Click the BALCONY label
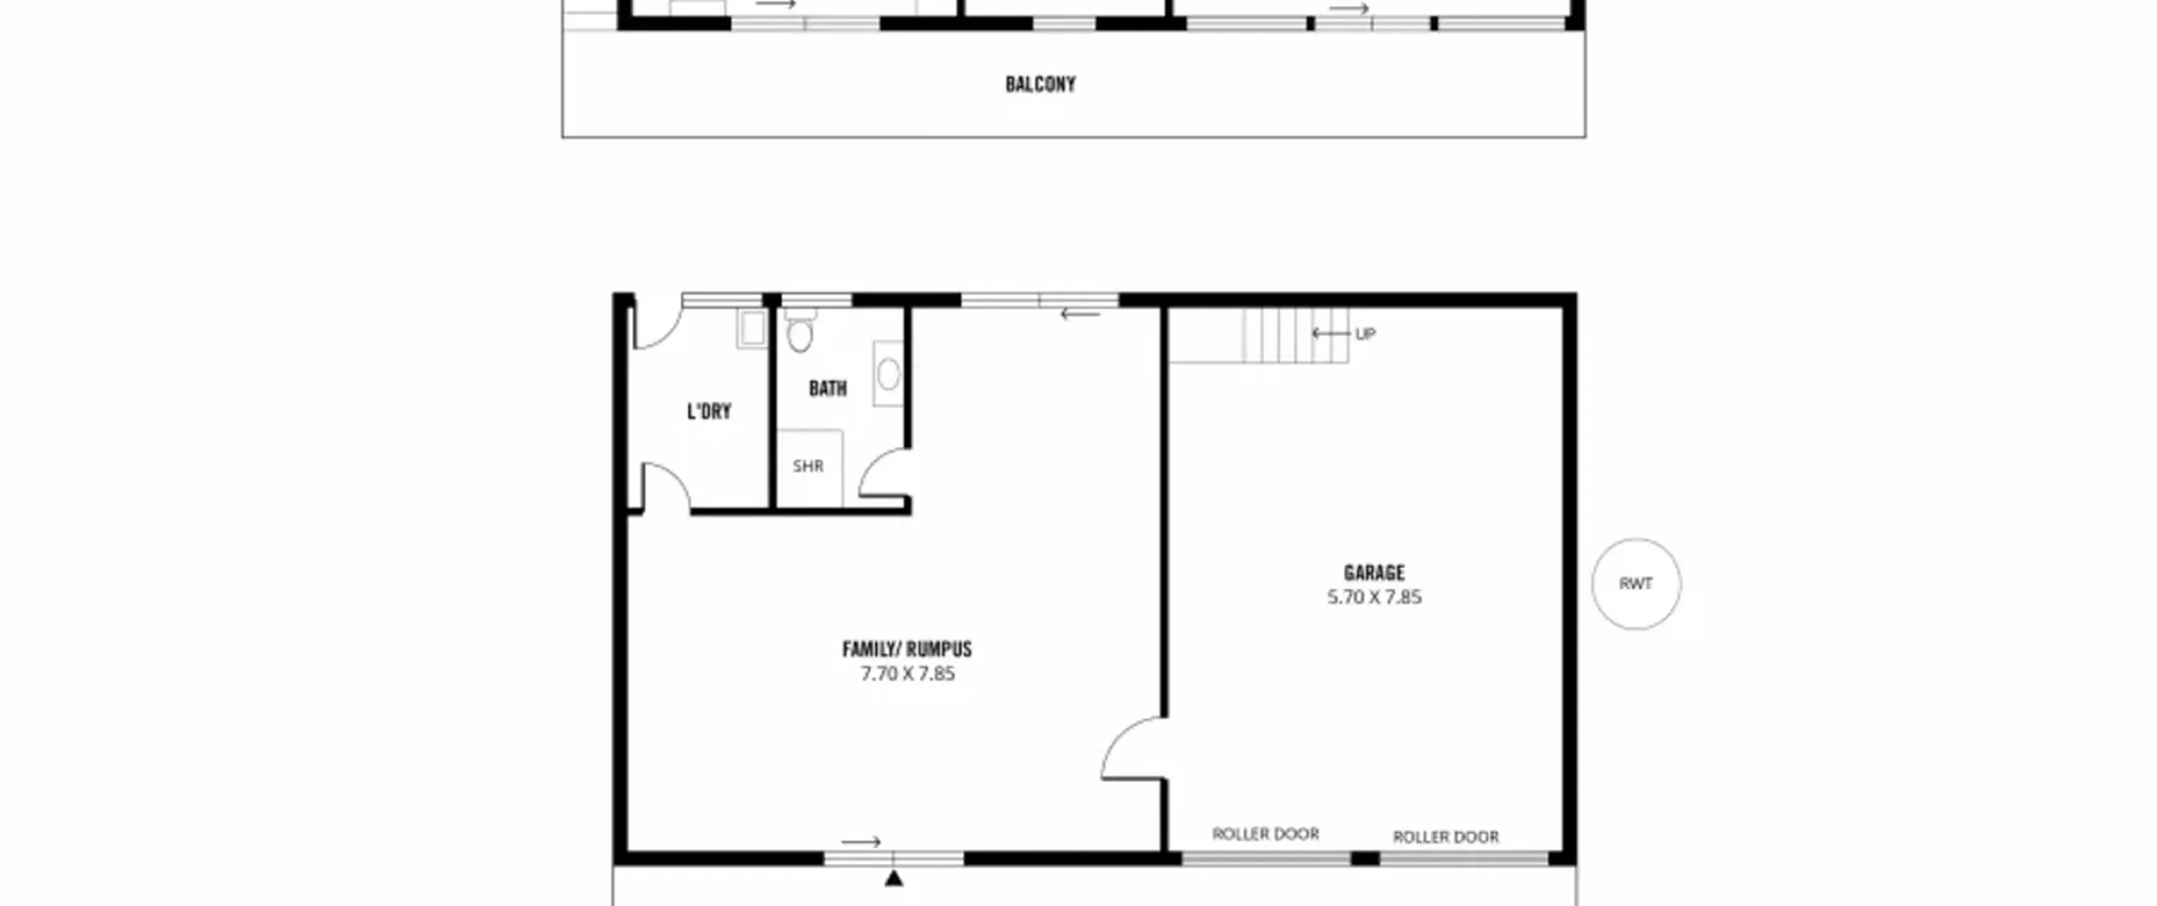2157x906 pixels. tap(1041, 84)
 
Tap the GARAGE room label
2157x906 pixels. tap(1374, 573)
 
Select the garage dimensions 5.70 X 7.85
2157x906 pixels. tap(1374, 598)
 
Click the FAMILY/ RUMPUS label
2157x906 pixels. tap(907, 649)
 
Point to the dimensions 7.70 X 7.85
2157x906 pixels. tap(907, 673)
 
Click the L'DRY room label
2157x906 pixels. tap(709, 411)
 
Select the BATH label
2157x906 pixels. tap(827, 389)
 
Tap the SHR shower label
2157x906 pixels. tap(808, 466)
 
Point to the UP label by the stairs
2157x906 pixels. tap(1365, 334)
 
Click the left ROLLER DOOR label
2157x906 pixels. tap(1266, 834)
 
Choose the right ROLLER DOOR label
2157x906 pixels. tap(1446, 837)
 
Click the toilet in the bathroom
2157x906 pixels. tap(800, 330)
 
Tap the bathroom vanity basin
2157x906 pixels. tap(888, 373)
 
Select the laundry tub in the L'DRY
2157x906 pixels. tap(752, 329)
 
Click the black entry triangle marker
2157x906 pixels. tap(894, 878)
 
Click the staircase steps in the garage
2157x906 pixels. tap(1296, 335)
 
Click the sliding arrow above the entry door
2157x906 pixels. tap(861, 842)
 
